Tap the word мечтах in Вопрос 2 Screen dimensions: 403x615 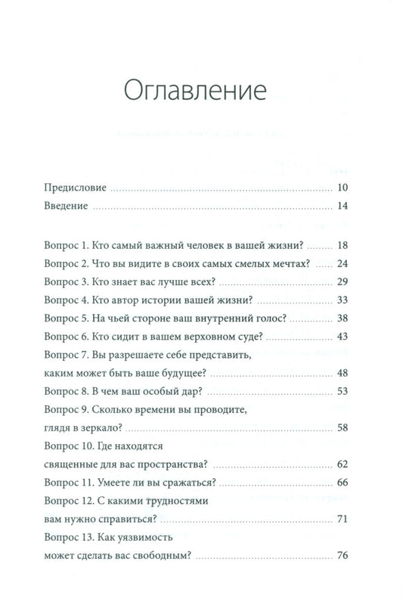(290, 265)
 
